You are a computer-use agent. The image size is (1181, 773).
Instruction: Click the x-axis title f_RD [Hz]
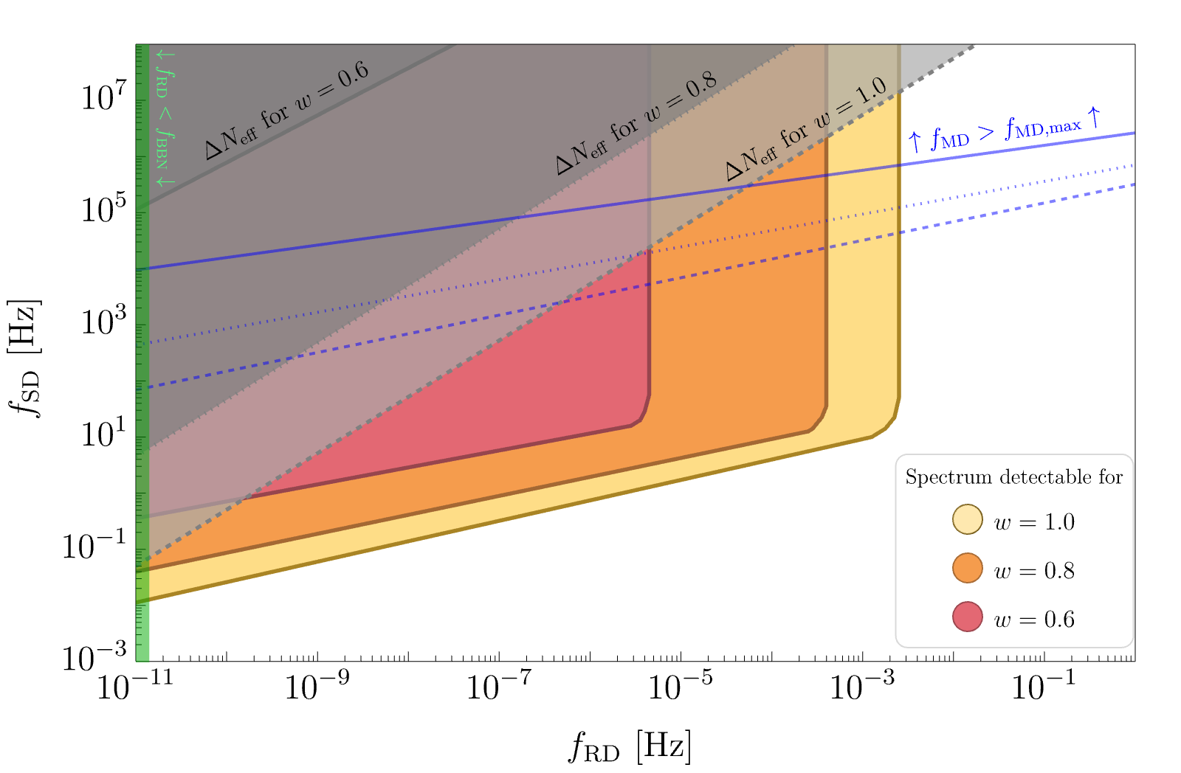point(630,746)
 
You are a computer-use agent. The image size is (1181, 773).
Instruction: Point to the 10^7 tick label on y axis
point(104,96)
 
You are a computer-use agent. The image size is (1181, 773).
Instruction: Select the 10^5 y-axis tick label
point(104,209)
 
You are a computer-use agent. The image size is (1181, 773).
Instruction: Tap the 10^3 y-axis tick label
point(104,322)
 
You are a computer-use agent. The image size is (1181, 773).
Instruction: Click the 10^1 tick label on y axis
point(104,434)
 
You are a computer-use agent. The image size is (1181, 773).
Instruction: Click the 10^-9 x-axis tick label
point(316,687)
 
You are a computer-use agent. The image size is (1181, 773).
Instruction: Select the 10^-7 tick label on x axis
point(498,687)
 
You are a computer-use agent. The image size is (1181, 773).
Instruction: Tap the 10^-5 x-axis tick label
point(680,687)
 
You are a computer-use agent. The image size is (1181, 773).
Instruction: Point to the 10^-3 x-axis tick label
point(861,687)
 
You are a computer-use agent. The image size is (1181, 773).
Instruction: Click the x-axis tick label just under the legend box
point(1042,687)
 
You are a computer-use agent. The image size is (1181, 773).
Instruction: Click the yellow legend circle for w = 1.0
point(967,520)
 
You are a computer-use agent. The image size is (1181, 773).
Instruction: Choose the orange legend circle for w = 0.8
point(967,569)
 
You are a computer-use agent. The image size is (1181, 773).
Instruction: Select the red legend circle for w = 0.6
point(967,617)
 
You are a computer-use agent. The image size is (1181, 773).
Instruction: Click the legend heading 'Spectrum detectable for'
point(1013,477)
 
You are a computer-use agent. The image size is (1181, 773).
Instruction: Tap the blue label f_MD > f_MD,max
point(1004,131)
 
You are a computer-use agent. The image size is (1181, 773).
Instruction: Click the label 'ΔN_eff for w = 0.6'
point(286,111)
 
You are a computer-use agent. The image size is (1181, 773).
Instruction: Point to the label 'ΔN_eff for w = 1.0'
point(806,129)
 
